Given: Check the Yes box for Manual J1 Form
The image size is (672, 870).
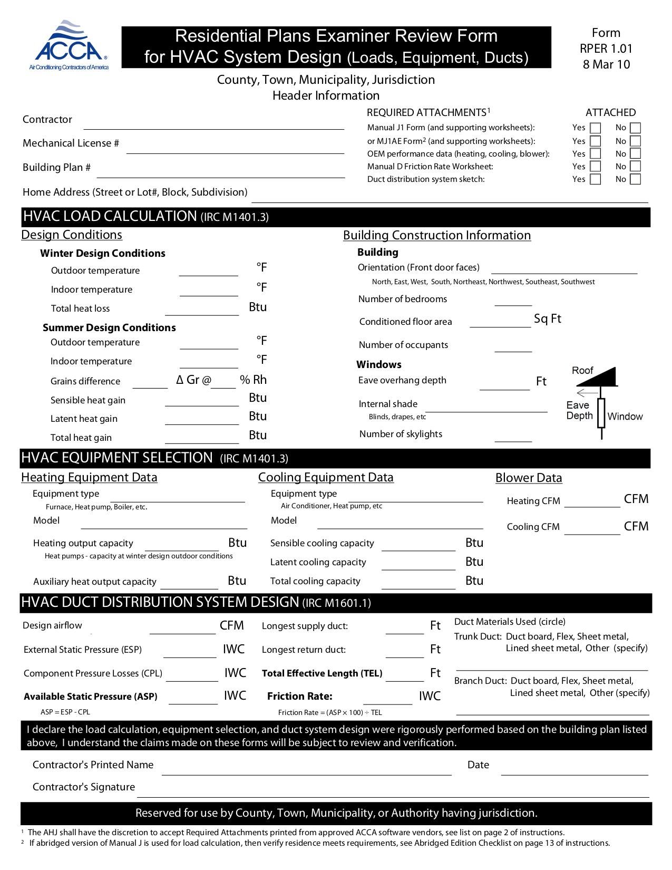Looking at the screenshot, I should point(595,128).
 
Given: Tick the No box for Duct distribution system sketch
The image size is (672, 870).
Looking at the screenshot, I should point(635,179).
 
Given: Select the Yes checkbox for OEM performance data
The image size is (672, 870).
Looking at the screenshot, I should point(595,154).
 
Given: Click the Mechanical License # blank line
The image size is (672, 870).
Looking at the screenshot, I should point(235,149).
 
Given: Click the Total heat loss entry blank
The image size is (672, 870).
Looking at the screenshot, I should point(202,311).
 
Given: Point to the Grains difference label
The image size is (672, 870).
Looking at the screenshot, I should point(85,381).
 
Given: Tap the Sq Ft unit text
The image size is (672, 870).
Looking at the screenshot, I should point(547,319).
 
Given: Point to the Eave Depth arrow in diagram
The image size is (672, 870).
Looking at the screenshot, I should point(587,393).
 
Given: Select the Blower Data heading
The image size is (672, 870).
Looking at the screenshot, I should point(529,478).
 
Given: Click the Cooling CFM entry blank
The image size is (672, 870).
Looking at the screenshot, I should point(592,530).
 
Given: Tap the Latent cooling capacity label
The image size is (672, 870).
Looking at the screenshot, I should point(318,563).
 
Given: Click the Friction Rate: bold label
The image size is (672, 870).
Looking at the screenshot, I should point(299,697).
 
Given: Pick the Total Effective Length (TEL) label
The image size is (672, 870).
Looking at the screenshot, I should point(322,673).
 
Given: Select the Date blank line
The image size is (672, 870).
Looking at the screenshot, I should point(574,771).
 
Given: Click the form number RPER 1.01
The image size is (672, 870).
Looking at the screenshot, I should point(606,49).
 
